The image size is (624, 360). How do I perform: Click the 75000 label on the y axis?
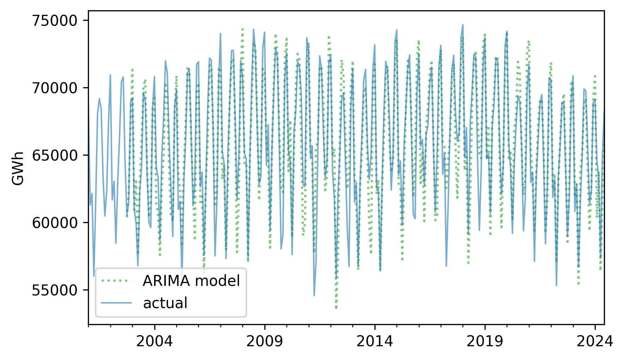click(x=54, y=21)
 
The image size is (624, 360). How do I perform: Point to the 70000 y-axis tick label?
click(x=54, y=88)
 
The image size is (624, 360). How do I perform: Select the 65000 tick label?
click(x=54, y=156)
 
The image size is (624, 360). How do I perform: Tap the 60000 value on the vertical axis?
click(x=54, y=223)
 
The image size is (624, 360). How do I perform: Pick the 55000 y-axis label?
click(x=54, y=290)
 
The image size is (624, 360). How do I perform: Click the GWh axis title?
click(x=18, y=168)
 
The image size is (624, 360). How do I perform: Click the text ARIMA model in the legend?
click(x=191, y=281)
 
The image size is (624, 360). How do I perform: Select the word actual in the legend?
click(x=165, y=303)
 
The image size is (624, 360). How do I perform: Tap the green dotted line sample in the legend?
click(x=116, y=281)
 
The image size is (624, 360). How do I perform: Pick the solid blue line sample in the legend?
click(x=116, y=303)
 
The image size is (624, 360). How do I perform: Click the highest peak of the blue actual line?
click(x=463, y=25)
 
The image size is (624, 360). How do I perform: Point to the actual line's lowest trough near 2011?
click(x=314, y=296)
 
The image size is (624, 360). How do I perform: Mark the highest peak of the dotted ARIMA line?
click(x=242, y=28)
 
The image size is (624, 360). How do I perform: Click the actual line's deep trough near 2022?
click(x=556, y=286)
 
